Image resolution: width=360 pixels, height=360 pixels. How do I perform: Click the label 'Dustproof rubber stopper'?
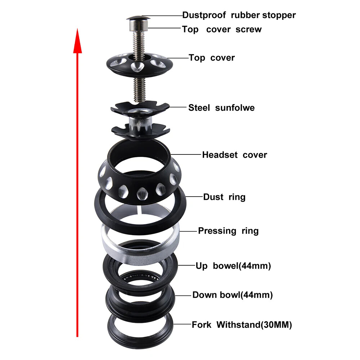coord(239,15)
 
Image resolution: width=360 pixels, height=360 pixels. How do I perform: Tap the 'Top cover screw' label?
coord(222,30)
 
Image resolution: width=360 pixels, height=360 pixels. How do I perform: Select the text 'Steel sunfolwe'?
coord(221,108)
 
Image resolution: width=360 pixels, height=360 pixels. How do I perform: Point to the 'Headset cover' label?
coord(234,155)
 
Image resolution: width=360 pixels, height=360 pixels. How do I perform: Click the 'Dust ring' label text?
coord(224,197)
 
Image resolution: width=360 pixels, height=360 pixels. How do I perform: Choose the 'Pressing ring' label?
coord(228,231)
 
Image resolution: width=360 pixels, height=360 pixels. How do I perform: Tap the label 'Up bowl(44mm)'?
coord(233,266)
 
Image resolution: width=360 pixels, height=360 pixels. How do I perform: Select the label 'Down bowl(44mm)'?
coord(232,295)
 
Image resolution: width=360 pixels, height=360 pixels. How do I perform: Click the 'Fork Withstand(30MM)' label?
coord(242,325)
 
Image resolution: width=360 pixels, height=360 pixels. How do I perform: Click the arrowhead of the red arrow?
coord(77,40)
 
